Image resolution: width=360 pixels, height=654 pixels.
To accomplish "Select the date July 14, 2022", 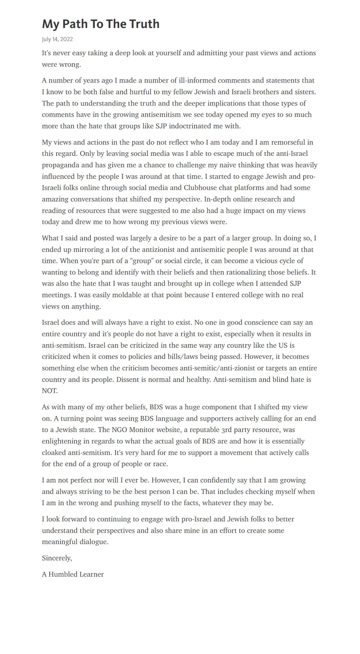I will point(57,39).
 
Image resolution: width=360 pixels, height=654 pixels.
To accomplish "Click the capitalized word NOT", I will point(50,391).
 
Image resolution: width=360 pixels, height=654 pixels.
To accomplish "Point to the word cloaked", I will point(54,452).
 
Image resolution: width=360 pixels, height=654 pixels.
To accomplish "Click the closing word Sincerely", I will point(57,558).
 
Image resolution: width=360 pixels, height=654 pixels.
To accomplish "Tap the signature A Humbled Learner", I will point(73,574).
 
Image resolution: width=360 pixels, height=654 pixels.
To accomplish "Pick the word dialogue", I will point(95,542).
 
